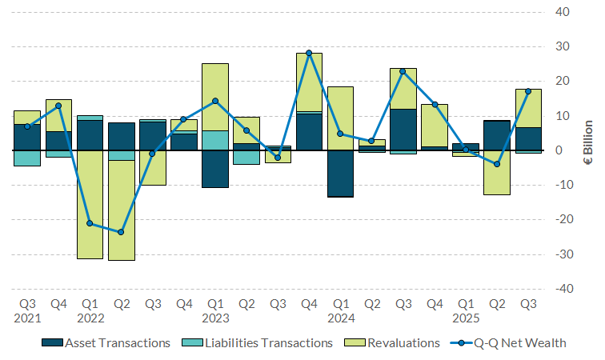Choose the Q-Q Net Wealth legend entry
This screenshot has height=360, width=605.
click(x=518, y=343)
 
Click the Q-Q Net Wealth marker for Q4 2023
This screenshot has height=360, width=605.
click(x=309, y=53)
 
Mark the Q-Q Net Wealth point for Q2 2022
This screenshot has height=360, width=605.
click(x=121, y=232)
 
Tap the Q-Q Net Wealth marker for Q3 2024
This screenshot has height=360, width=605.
click(x=403, y=71)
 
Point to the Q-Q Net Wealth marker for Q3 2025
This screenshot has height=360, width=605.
click(x=528, y=91)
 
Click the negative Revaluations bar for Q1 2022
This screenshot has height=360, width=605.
click(x=90, y=204)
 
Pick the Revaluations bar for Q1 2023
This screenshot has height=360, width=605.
click(x=215, y=97)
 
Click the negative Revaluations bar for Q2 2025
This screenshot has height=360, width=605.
click(x=497, y=172)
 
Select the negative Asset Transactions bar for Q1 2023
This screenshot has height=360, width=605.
click(x=215, y=169)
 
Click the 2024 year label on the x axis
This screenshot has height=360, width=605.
click(x=340, y=318)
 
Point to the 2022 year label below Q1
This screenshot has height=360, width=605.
click(x=90, y=318)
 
